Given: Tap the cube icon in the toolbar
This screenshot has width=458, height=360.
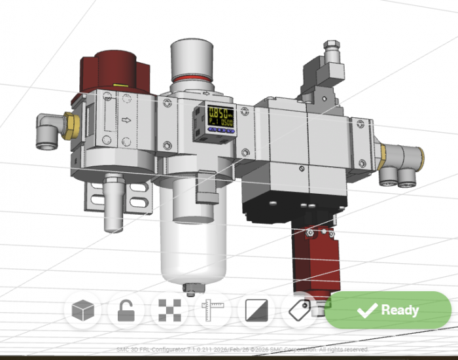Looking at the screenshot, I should (84, 310).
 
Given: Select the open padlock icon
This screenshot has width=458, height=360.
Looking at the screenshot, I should (126, 310).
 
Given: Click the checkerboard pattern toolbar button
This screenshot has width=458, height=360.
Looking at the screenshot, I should (169, 310).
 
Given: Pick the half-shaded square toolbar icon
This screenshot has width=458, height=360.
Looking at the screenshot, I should (256, 310).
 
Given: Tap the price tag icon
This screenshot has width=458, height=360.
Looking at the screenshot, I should (300, 310).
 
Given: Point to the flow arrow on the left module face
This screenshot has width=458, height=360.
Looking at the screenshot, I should (125, 120).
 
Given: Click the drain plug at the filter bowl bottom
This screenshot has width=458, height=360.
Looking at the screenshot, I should (190, 288).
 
